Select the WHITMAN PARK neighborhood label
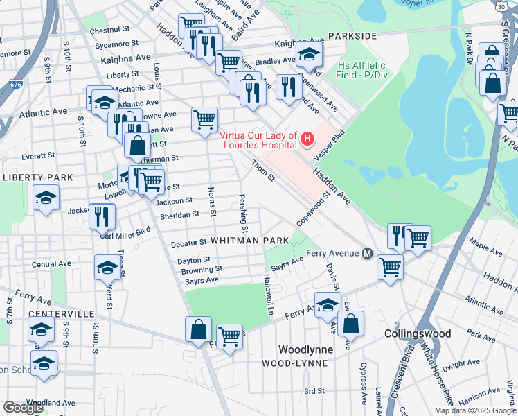pyautogui.click(x=249, y=240)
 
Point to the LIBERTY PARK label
pyautogui.click(x=37, y=177)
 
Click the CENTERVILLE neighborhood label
pyautogui.click(x=60, y=313)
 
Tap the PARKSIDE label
pyautogui.click(x=352, y=35)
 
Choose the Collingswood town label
pyautogui.click(x=418, y=333)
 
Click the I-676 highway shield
pyautogui.click(x=16, y=84)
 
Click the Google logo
pyautogui.click(x=24, y=408)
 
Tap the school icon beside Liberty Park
pyautogui.click(x=46, y=198)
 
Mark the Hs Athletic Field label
pyautogui.click(x=362, y=70)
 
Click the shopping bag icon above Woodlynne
pyautogui.click(x=352, y=323)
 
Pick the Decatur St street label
pyautogui.click(x=189, y=243)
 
